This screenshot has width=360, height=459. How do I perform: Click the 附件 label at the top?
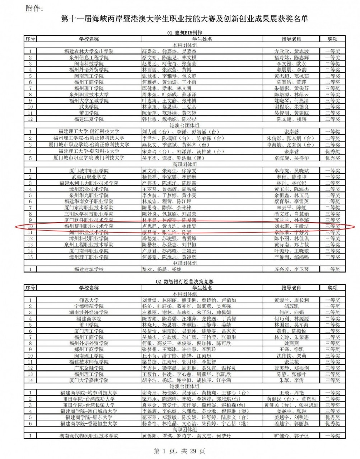click(x=35, y=9)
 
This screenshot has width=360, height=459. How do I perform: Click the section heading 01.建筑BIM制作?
click(x=184, y=33)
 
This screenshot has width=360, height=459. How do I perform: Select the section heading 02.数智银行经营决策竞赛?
click(x=184, y=282)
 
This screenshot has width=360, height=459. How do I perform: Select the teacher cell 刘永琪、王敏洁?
click(x=291, y=226)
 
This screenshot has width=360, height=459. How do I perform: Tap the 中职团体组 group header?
click(x=184, y=263)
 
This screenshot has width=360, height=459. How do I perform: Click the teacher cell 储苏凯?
click(x=291, y=306)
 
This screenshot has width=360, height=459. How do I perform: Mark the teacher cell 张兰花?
click(x=291, y=362)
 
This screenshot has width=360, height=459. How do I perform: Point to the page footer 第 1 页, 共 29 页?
click(x=179, y=451)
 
